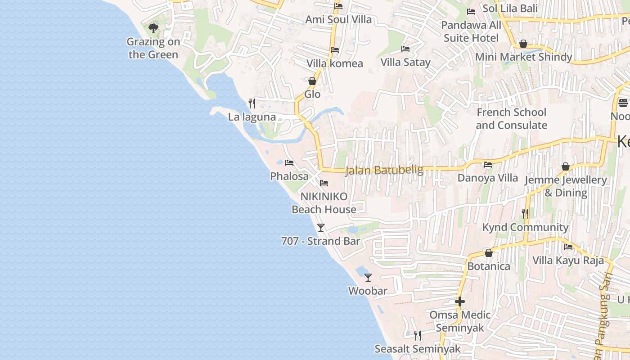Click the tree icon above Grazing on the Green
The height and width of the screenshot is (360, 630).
click(153, 28)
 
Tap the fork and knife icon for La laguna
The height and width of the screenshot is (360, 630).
click(252, 103)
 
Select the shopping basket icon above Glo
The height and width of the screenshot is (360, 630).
click(312, 81)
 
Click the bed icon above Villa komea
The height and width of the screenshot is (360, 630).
click(334, 50)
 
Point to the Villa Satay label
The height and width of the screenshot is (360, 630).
click(405, 62)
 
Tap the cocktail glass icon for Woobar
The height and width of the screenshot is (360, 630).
click(368, 278)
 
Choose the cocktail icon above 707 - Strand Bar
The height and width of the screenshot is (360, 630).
click(320, 228)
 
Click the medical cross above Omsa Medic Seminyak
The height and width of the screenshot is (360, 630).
click(459, 301)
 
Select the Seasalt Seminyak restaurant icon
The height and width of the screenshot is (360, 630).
click(418, 335)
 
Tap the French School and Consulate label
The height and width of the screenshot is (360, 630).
click(511, 119)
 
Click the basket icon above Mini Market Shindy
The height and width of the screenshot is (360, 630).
click(523, 44)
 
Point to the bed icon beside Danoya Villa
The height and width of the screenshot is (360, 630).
click(487, 165)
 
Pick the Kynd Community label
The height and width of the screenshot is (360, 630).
click(525, 227)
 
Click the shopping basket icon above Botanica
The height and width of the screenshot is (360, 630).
click(488, 253)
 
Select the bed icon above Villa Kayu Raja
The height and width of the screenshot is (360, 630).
click(568, 247)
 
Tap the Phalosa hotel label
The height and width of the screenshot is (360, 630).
click(289, 176)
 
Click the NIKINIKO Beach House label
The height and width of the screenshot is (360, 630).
click(324, 203)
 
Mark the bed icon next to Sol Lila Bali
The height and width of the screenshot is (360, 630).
click(471, 11)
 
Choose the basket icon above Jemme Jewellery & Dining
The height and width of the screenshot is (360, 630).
click(566, 167)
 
